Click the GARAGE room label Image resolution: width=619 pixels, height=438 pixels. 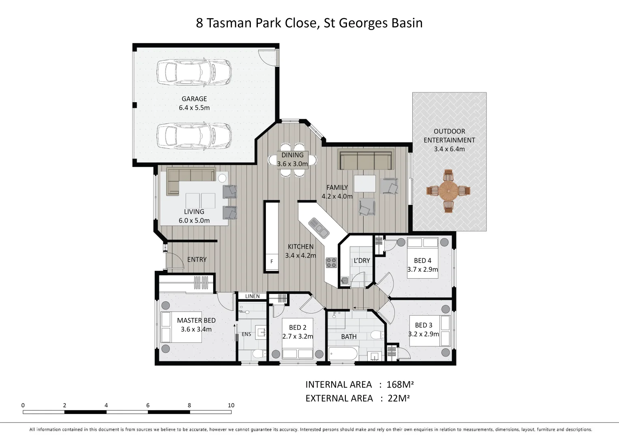(x=194, y=99)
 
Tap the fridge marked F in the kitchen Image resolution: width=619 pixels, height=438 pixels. (x=272, y=261)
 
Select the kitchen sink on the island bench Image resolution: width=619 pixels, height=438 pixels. (x=319, y=228)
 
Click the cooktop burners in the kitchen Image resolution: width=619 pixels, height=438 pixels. (x=331, y=263)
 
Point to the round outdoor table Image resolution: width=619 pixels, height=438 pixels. (x=448, y=191)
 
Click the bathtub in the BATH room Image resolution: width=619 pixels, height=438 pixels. (x=343, y=354)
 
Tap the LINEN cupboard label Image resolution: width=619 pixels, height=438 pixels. (x=252, y=296)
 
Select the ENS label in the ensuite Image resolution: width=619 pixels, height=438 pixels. (x=246, y=334)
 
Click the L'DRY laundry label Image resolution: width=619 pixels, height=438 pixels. (x=362, y=260)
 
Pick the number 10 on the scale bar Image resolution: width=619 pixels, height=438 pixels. (x=231, y=405)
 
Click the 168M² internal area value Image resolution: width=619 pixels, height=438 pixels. (x=400, y=384)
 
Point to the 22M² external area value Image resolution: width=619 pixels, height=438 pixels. (x=398, y=398)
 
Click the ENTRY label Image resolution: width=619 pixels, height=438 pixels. (x=197, y=260)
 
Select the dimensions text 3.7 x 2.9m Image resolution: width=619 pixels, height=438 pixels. (x=422, y=269)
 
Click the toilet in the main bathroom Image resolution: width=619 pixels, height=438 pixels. (x=377, y=335)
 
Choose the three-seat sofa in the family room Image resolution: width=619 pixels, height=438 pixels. (x=366, y=159)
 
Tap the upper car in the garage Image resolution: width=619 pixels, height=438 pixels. (x=194, y=72)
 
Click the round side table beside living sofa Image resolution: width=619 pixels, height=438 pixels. (x=222, y=178)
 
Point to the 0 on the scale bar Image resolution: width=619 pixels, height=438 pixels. (x=23, y=405)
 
